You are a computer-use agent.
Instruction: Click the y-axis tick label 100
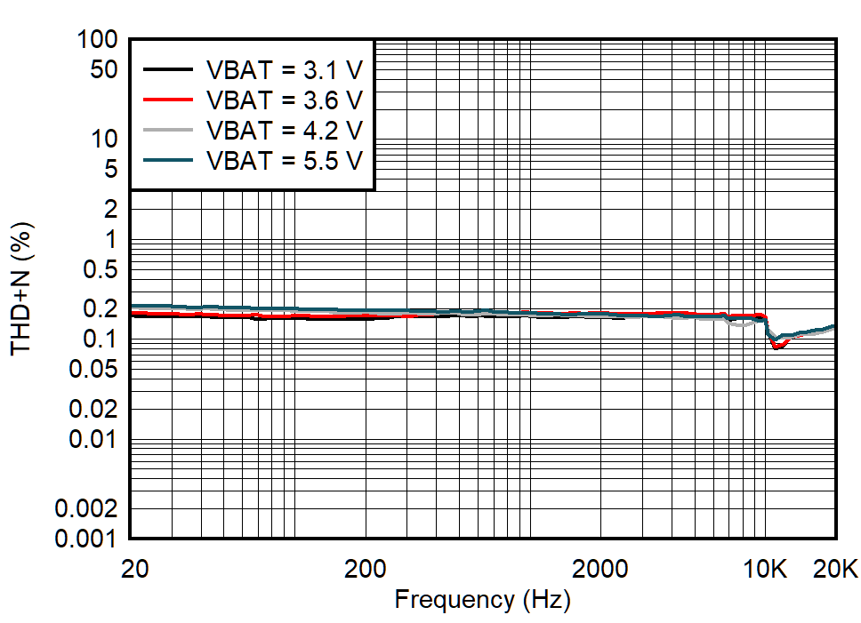coord(98,39)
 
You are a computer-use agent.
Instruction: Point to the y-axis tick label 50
coord(105,69)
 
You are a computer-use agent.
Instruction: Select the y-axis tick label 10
coord(105,139)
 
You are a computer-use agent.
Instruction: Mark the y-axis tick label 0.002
coord(84,509)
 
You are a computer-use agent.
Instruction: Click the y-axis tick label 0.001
coord(84,539)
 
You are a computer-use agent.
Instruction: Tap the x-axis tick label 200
coord(365,569)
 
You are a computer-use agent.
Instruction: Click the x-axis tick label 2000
coord(599,569)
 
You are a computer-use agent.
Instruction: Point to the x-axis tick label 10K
coord(766,569)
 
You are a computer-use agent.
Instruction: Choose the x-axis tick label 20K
coord(835,569)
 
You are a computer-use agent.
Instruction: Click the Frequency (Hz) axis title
coord(482,600)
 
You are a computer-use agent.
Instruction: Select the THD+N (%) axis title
coord(21,288)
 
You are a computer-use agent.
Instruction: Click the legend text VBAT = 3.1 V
coord(284,69)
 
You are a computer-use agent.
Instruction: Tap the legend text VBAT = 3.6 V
coord(284,100)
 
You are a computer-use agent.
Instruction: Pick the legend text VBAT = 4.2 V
coord(284,130)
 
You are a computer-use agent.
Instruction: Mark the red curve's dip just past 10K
coord(777,347)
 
